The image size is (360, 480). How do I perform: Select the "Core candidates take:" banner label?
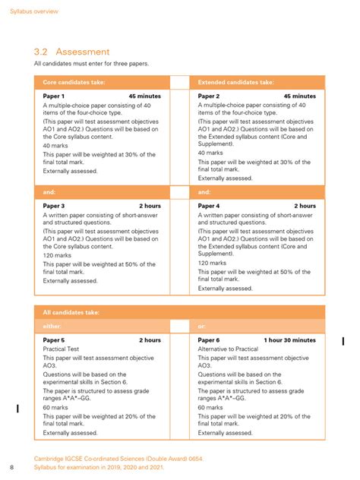pos(74,82)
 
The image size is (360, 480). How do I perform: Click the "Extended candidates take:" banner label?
pos(236,82)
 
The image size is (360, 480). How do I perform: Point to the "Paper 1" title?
pos(53,96)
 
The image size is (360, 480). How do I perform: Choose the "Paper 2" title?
pos(209,96)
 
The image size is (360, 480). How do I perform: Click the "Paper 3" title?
pos(53,206)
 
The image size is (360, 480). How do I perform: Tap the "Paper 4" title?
pos(209,206)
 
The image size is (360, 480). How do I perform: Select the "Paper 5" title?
pos(53,340)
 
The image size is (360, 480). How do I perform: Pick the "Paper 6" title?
pos(209,340)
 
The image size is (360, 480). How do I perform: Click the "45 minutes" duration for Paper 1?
pos(144,96)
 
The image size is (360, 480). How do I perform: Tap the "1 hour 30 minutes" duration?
pos(290,340)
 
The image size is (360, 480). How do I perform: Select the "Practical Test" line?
pos(64,349)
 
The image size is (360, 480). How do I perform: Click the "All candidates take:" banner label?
pos(71,312)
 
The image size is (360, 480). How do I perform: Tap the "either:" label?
pos(52,326)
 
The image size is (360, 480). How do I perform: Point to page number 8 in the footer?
pos(11,466)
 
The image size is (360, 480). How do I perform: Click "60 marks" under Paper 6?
pos(212,407)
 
